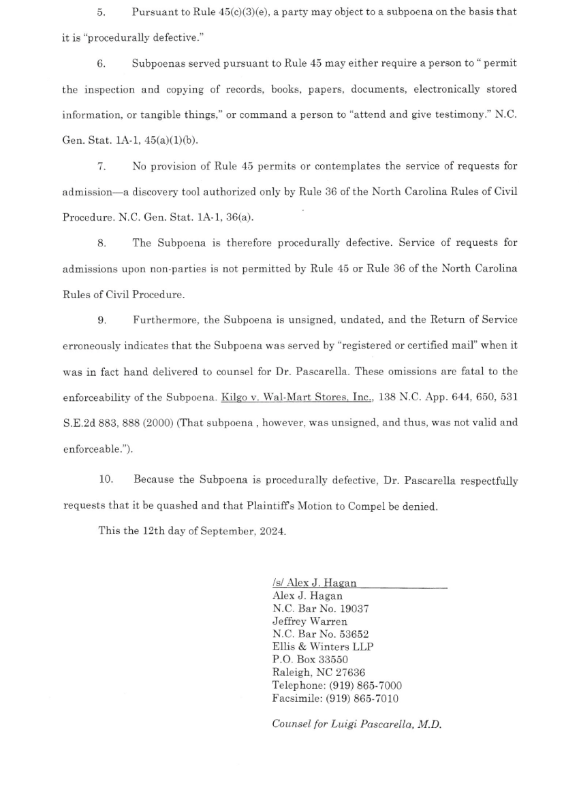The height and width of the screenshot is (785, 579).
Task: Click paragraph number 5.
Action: click(100, 12)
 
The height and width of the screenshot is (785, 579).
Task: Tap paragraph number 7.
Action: click(101, 166)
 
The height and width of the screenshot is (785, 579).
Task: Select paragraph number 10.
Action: click(106, 480)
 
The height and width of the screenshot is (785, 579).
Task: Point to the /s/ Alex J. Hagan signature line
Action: click(314, 583)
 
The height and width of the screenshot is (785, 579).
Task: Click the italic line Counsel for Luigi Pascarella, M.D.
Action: click(356, 724)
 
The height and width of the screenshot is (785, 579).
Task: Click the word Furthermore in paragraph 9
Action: click(163, 319)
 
